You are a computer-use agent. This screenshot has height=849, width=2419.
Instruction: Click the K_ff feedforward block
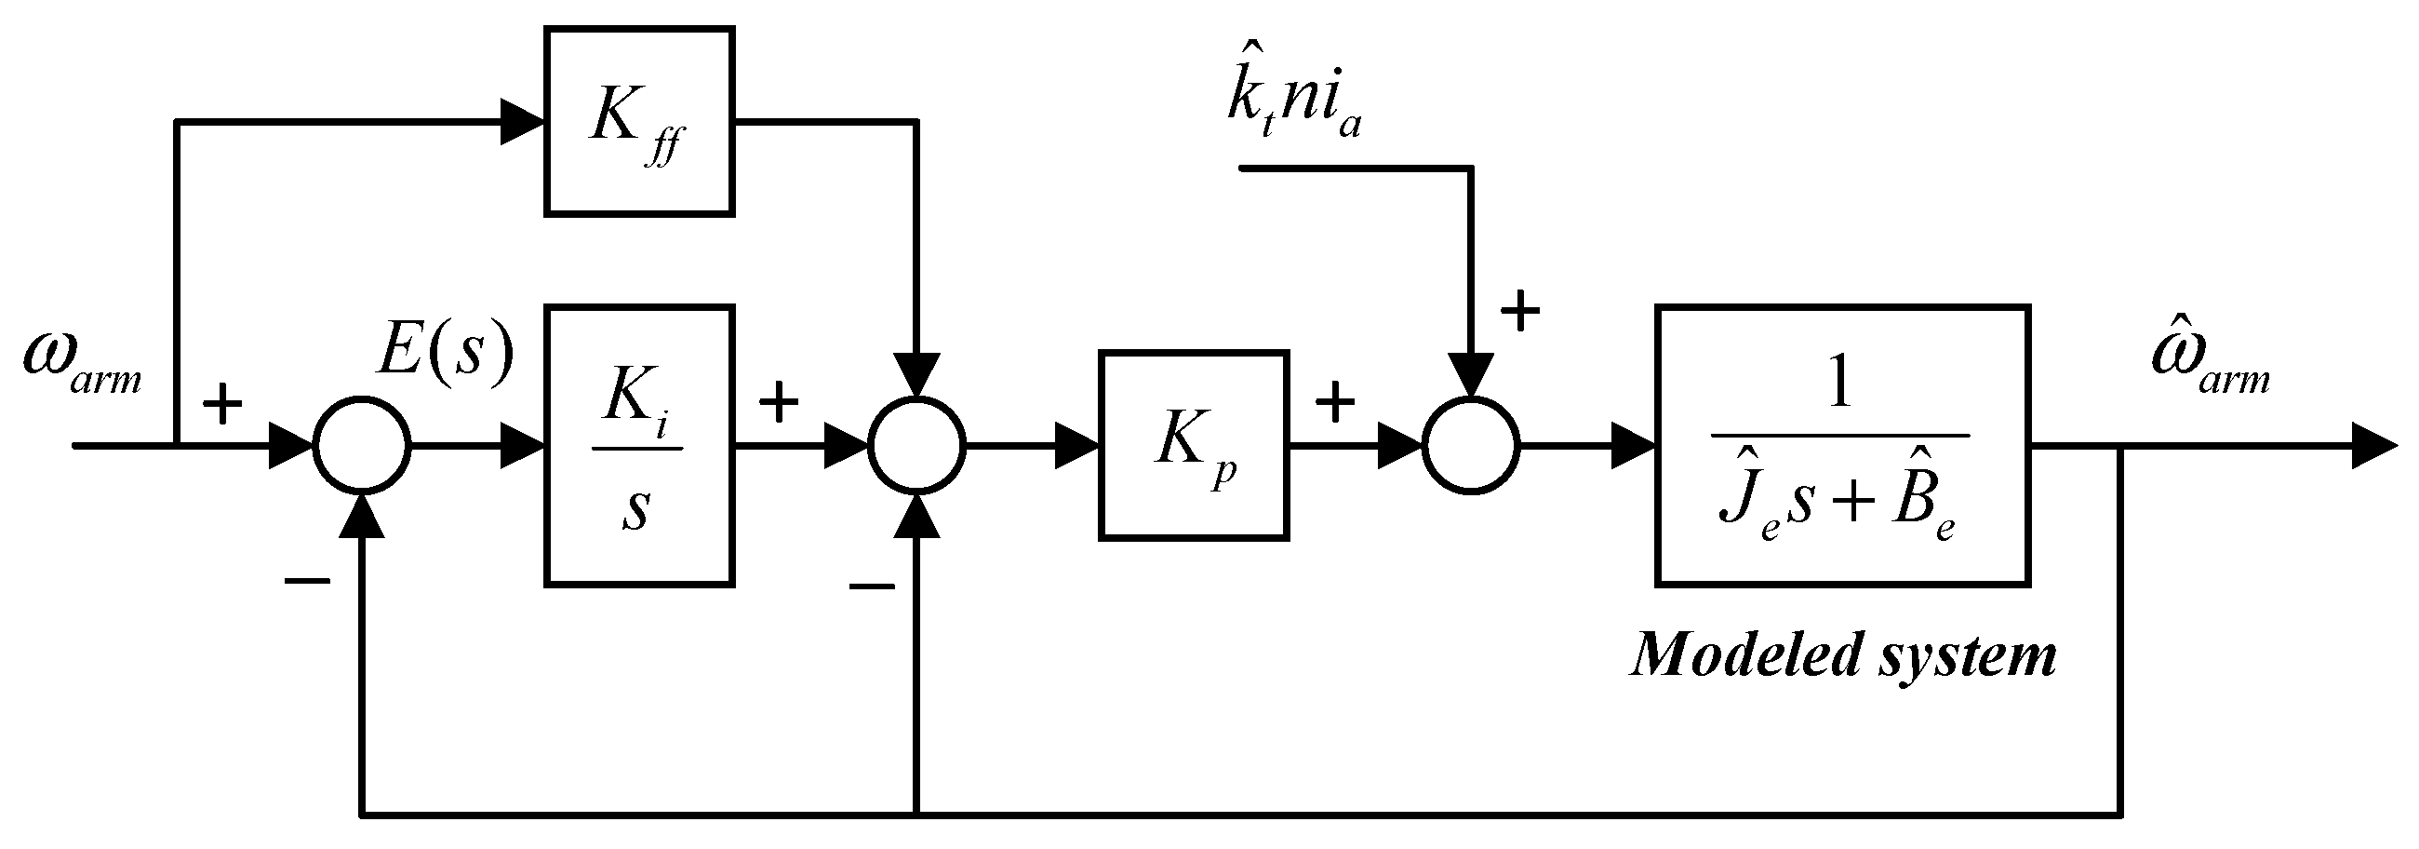click(638, 121)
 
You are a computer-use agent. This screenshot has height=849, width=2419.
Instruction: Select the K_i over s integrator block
click(638, 445)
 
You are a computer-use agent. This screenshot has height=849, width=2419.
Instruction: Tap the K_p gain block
click(1194, 445)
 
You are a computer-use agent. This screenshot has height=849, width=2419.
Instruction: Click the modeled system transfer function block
click(1842, 445)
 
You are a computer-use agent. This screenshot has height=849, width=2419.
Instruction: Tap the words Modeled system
click(1843, 654)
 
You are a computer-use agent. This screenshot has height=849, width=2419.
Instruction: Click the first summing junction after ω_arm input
click(362, 445)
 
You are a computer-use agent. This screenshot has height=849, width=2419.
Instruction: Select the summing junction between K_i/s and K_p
click(916, 445)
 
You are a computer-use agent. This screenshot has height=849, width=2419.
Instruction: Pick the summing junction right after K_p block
click(1471, 445)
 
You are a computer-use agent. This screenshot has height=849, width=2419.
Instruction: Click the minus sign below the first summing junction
click(307, 580)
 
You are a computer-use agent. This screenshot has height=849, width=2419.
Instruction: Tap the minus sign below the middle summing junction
click(872, 587)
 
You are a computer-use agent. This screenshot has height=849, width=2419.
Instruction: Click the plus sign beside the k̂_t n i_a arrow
click(1520, 312)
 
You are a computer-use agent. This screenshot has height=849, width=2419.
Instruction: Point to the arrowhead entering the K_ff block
click(522, 121)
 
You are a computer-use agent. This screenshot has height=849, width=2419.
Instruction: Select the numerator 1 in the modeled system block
click(1840, 385)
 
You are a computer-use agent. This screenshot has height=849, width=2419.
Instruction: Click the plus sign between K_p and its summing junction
click(1334, 403)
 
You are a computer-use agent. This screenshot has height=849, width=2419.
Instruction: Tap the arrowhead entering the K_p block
click(1076, 445)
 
